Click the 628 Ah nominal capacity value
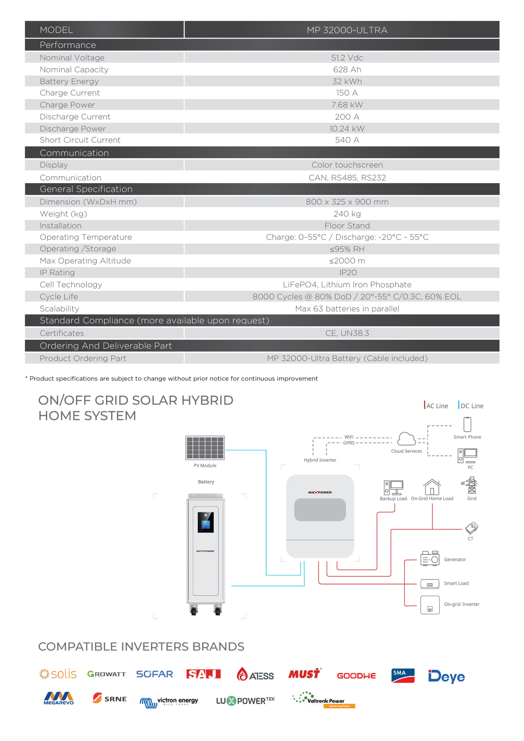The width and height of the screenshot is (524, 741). [347, 70]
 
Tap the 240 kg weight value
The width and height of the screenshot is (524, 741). [347, 214]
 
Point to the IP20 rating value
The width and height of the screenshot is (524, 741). [348, 273]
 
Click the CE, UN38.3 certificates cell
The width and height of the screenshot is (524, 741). [347, 333]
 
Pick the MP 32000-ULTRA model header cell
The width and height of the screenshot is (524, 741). [347, 30]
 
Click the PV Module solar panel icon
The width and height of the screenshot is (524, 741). [205, 447]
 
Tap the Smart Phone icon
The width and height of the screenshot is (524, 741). [467, 424]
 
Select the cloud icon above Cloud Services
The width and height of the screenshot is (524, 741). [406, 439]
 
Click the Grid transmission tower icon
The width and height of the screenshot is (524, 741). [471, 485]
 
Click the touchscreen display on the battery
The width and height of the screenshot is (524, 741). [205, 522]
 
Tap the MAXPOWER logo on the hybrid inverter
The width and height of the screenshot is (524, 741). [320, 492]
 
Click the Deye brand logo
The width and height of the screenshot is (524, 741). [446, 676]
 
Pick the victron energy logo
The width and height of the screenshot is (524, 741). [169, 702]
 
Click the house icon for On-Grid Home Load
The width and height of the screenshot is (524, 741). [432, 487]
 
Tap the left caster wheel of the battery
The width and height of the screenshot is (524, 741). [194, 611]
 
